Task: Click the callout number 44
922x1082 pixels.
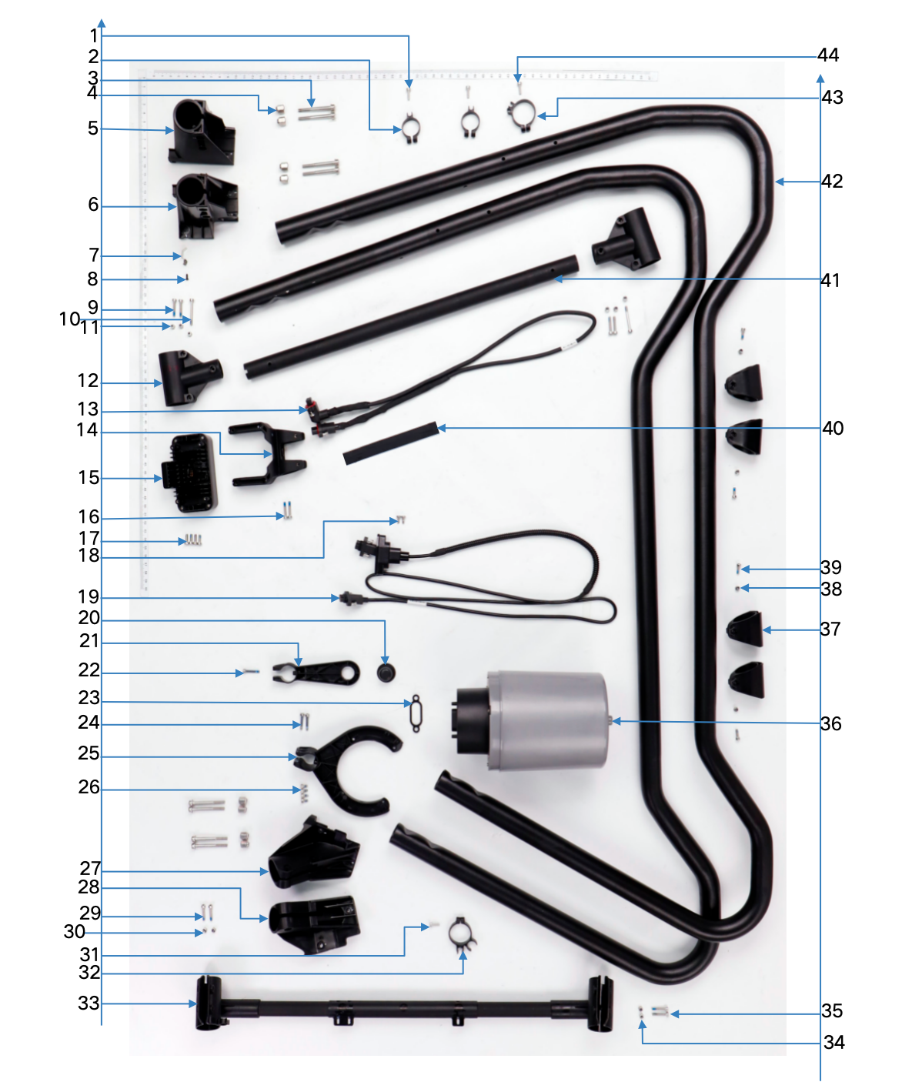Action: coord(828,55)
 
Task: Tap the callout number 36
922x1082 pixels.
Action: coord(830,723)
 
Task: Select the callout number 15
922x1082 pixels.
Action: coord(89,478)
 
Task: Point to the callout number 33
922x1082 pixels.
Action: coord(89,1004)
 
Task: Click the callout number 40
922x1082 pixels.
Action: coord(833,429)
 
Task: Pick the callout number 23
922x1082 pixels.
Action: coord(89,698)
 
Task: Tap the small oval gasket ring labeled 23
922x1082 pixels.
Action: coord(416,713)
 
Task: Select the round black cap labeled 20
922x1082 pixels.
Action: coord(385,673)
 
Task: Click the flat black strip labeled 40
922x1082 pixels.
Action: coord(390,443)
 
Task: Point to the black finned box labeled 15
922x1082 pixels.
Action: coord(189,473)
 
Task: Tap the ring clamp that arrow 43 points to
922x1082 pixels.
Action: coord(521,115)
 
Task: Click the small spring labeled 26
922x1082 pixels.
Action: coord(304,790)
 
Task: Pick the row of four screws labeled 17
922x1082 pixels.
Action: coord(192,541)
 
